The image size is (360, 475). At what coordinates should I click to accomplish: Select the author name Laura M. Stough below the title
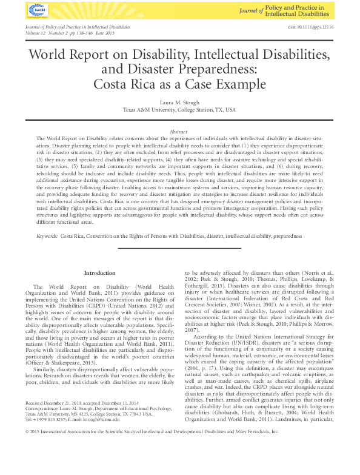pos(179,102)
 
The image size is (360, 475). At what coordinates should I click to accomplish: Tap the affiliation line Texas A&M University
pos(179,110)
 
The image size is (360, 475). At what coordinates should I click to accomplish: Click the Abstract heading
pos(179,131)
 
